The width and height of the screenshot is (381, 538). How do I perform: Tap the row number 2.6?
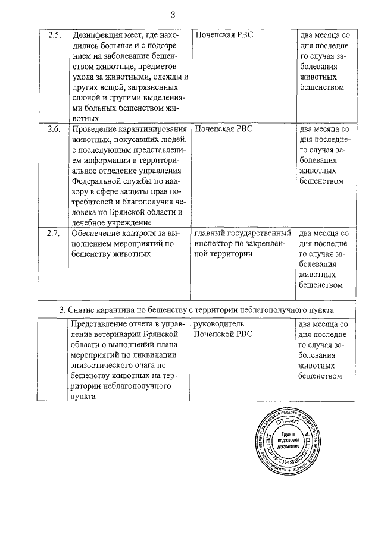tap(54, 129)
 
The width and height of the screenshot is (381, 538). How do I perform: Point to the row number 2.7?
tap(54, 232)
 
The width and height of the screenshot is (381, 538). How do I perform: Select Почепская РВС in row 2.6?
tap(224, 129)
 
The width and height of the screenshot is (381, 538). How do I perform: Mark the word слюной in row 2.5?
tap(85, 97)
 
